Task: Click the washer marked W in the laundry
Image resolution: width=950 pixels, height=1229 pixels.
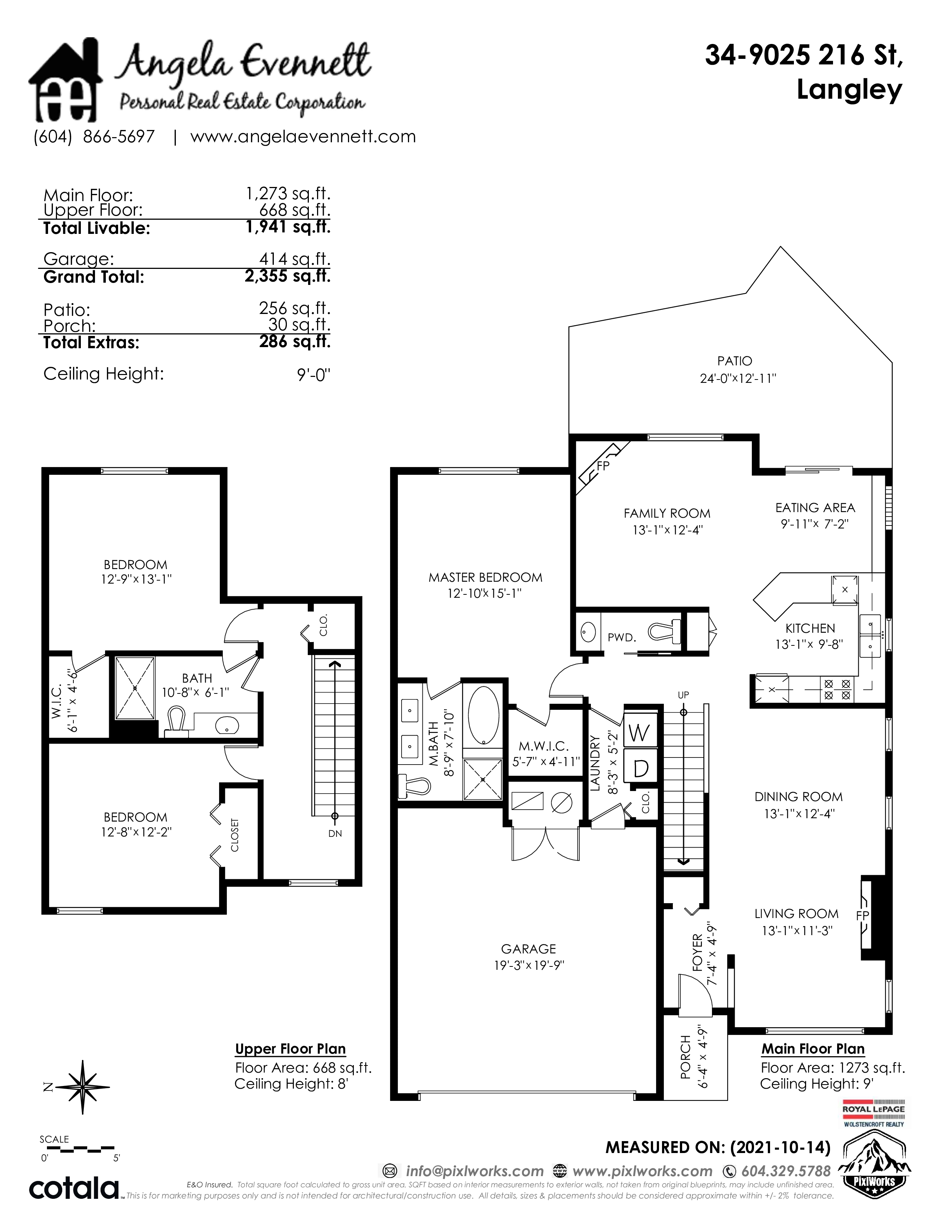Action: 639,732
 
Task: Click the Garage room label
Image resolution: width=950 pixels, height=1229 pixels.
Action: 529,949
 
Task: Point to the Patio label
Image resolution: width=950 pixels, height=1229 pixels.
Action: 734,361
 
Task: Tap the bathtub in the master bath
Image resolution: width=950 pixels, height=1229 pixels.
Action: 483,715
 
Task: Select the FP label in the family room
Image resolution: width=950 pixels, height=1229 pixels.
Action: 603,466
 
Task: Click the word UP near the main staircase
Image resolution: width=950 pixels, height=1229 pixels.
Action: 683,695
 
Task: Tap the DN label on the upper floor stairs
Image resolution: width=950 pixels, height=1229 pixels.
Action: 335,833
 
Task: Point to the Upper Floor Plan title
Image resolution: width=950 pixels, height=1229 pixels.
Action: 291,1049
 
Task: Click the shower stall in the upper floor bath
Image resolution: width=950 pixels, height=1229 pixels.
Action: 135,687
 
